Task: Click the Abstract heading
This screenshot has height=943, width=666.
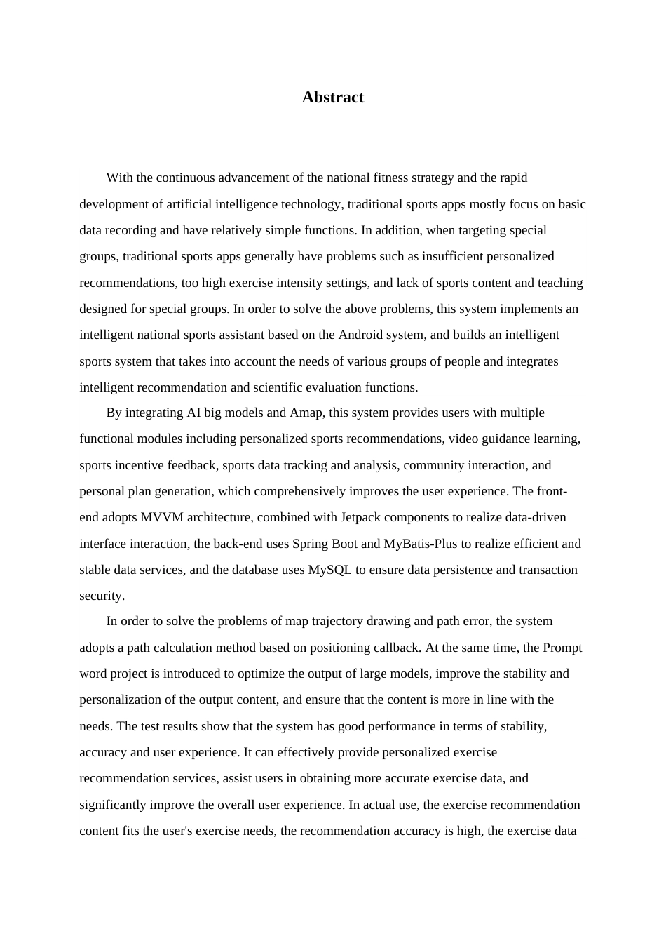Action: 333,98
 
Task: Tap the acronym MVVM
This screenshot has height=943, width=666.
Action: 161,517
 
